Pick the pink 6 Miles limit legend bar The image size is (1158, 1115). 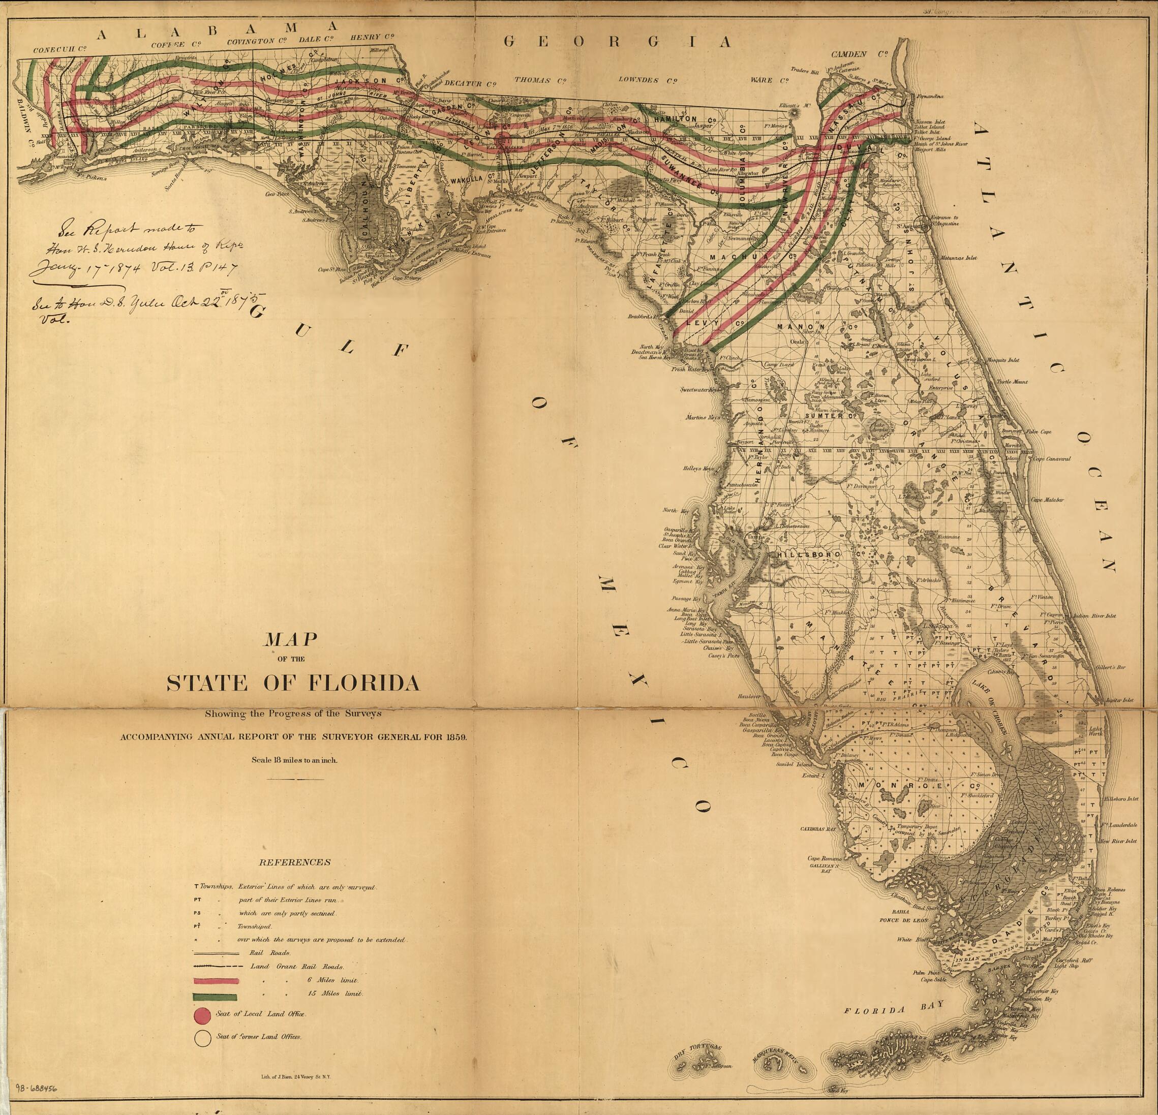[x=216, y=981]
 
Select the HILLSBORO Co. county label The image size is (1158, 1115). [x=816, y=556]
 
